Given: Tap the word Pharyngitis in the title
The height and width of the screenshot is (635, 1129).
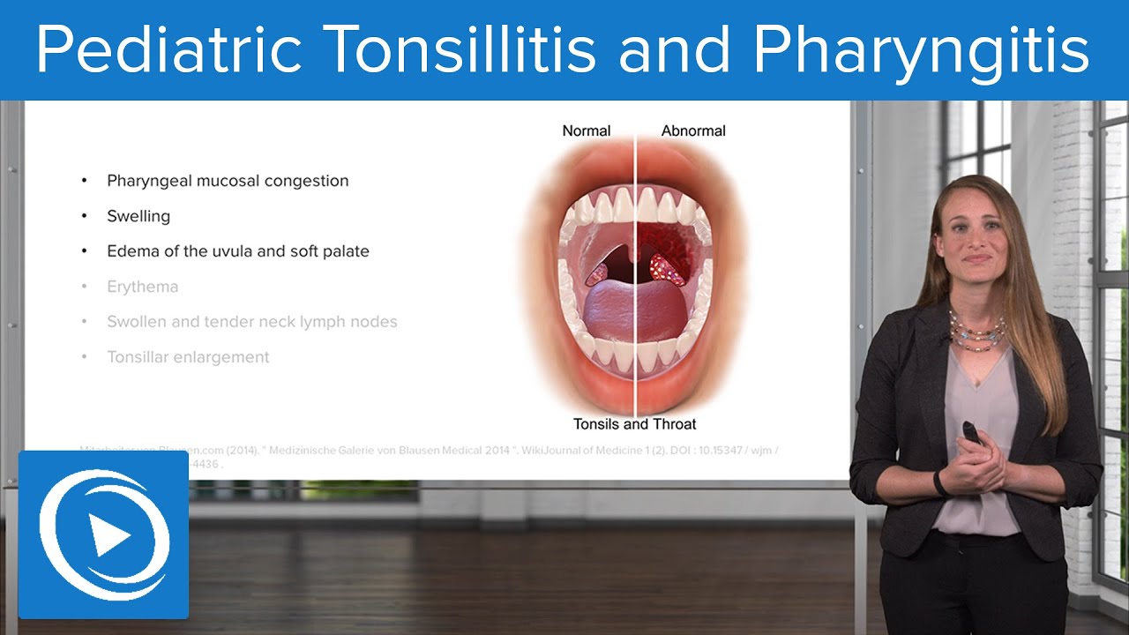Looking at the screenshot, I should pos(921,50).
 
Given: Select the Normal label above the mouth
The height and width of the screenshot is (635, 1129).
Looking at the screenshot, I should pos(586,131).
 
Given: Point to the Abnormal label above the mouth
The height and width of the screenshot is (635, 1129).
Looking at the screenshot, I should pos(693,131).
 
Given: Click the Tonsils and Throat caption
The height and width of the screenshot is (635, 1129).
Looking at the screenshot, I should pos(635,424).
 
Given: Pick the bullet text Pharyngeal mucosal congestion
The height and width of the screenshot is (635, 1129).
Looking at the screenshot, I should pos(228,181).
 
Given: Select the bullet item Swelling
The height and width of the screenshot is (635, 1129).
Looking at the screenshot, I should pos(138,216).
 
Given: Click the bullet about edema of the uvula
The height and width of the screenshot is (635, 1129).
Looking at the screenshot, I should pos(237,251).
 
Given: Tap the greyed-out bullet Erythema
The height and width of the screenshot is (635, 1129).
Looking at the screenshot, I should pos(142,287).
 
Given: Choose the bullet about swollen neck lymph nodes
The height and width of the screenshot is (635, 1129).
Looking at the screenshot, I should pos(251,322).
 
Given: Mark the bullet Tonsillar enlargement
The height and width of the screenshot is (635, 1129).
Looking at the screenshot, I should pos(188,357).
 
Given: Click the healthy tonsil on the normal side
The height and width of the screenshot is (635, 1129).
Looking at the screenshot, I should pos(598,270).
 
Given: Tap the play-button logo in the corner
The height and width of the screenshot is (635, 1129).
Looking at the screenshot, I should pos(103,534).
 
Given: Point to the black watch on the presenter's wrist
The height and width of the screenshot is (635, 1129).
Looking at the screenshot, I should pos(941,482).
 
